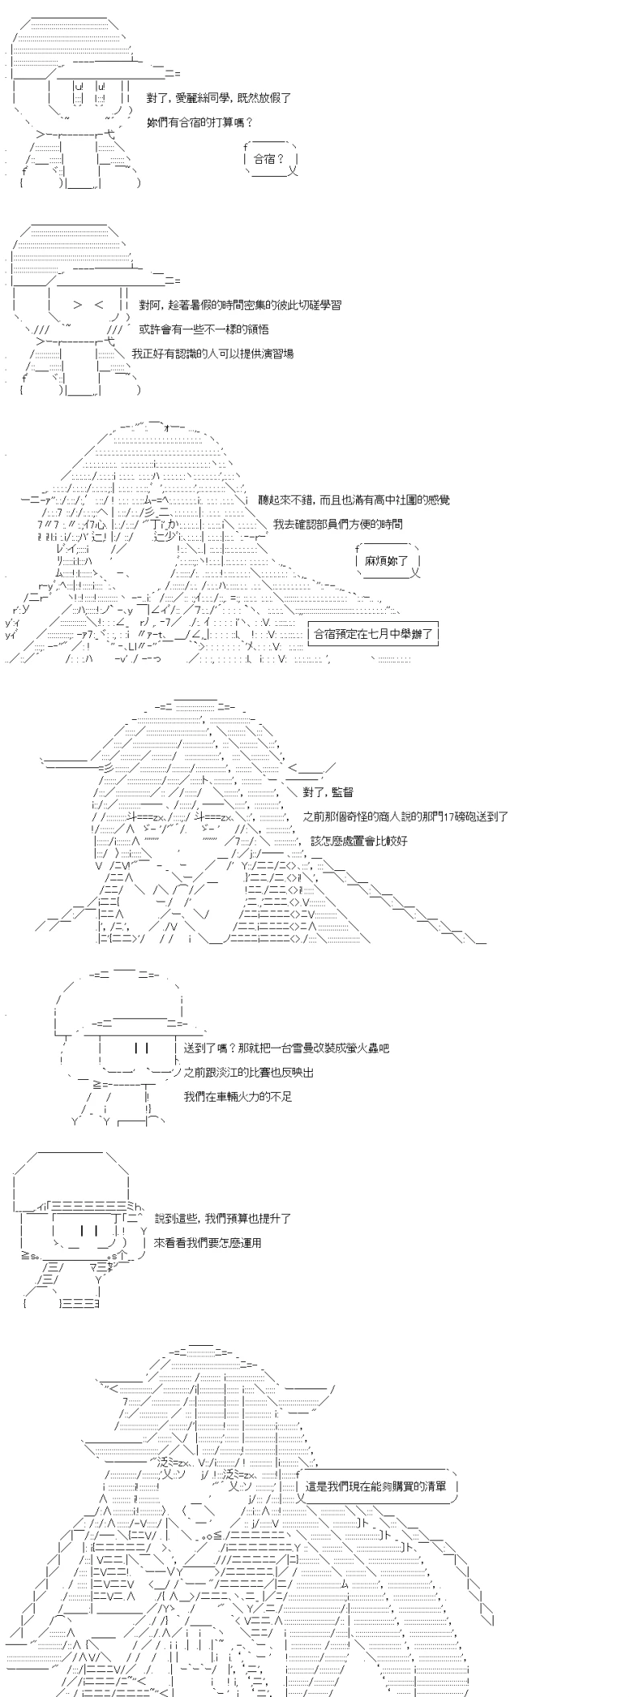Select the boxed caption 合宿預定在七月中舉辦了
[373, 634]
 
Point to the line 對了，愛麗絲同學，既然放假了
[219, 97]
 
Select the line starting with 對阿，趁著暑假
[240, 305]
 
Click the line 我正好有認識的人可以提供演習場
[212, 354]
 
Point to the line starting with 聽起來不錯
[354, 500]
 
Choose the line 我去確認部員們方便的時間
[338, 524]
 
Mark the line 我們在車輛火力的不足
[237, 1096]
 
